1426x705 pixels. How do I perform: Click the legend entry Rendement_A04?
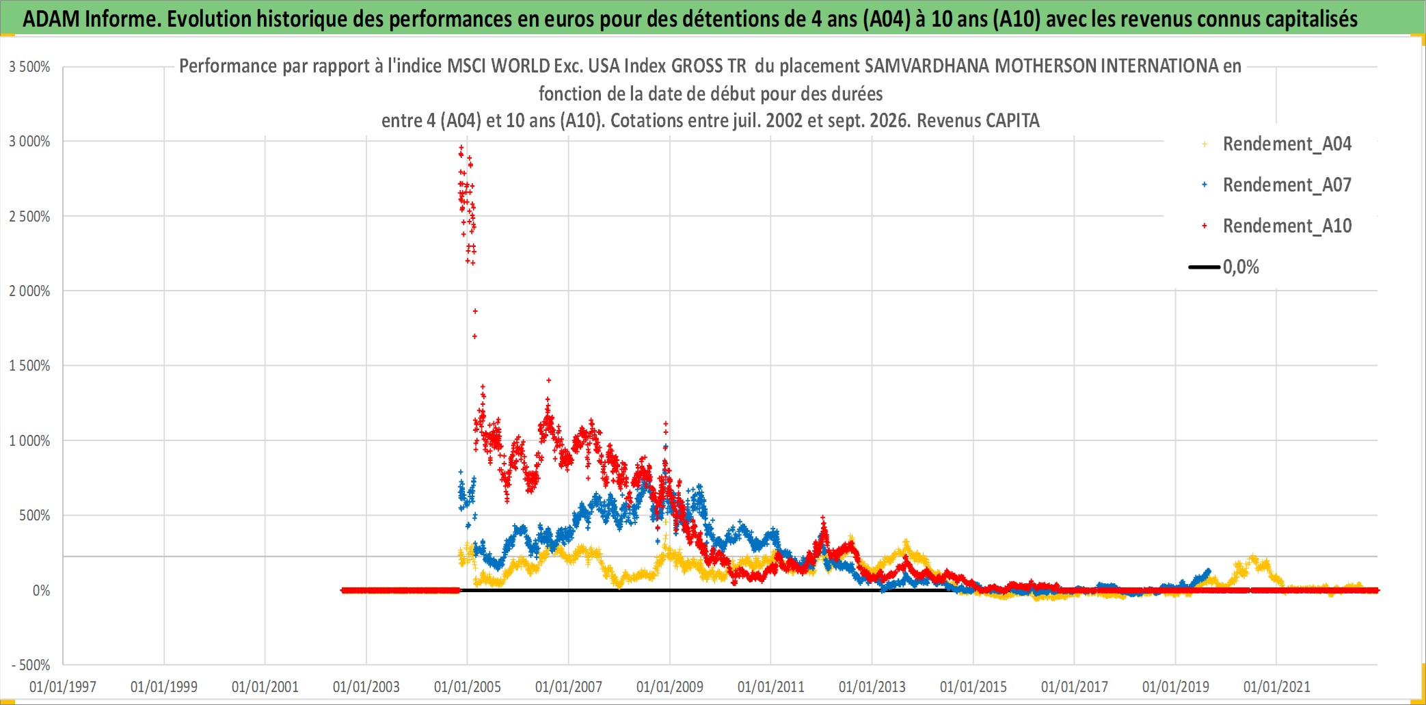[x=1287, y=144]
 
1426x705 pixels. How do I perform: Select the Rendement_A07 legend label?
[x=1287, y=185]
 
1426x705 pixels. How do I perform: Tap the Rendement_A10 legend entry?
[x=1287, y=226]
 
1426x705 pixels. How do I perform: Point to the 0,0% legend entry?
[x=1241, y=267]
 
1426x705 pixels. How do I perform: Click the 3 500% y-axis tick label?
[x=29, y=67]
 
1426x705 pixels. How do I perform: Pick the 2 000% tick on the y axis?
[x=29, y=291]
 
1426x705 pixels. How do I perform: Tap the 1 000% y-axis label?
[x=29, y=441]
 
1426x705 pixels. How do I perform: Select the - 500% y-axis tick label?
[x=31, y=665]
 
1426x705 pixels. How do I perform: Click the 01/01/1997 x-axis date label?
[x=63, y=687]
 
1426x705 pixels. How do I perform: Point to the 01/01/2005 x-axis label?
[x=468, y=687]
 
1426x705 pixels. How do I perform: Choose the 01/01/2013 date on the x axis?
[x=872, y=687]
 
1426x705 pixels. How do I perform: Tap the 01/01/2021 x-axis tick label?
[x=1277, y=687]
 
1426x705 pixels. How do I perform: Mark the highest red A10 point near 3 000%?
[x=461, y=147]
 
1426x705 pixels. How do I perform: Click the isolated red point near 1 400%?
[x=548, y=380]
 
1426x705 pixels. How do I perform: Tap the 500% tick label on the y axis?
[x=34, y=516]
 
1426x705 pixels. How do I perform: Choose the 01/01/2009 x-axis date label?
[x=670, y=687]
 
